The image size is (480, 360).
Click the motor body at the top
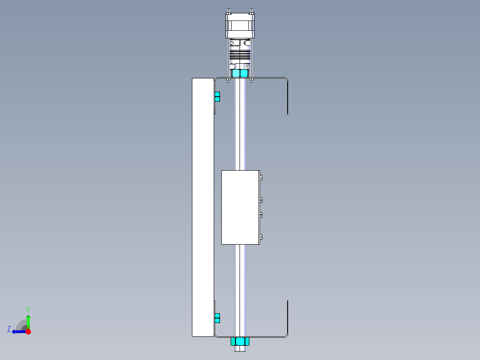240,26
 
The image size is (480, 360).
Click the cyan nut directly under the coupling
240,73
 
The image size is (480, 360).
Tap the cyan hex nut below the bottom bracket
240,342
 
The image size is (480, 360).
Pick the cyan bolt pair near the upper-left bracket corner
217,97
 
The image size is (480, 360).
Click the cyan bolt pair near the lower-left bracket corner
217,318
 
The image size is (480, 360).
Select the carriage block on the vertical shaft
240,207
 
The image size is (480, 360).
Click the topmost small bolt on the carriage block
261,178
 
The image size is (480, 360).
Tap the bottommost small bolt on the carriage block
261,237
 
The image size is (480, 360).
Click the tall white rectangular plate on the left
203,207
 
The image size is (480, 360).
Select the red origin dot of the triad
28,331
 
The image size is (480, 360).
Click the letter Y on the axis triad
28,309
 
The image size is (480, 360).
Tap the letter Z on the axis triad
9,329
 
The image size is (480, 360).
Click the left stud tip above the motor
228,11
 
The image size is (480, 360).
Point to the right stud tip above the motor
252,11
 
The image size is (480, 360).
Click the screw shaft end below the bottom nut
240,349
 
